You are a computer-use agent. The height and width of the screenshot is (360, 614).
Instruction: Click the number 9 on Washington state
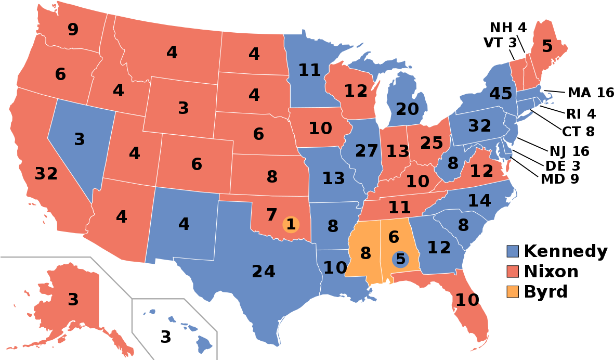(73, 30)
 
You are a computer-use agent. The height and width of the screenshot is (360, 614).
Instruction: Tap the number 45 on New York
(501, 94)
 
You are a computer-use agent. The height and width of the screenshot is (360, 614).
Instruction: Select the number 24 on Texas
(264, 272)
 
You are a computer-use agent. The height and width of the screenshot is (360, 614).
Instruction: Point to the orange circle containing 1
(291, 224)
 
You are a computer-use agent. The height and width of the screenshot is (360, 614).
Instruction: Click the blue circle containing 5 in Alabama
(400, 259)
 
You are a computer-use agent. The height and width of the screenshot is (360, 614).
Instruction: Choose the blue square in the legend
(513, 251)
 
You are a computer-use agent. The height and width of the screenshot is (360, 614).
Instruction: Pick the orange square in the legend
(513, 292)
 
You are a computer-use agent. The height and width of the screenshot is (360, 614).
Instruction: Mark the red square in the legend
(513, 272)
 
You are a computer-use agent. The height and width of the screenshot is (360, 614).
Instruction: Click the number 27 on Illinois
(367, 151)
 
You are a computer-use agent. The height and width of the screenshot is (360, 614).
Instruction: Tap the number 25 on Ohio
(432, 143)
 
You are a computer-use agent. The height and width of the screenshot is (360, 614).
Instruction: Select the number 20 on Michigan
(407, 109)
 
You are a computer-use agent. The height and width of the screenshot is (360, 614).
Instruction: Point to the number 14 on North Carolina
(479, 201)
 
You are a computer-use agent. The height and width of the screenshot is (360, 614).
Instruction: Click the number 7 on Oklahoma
(272, 214)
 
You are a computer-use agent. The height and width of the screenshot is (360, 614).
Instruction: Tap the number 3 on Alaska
(73, 300)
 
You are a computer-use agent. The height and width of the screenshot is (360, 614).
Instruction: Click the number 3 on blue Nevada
(79, 139)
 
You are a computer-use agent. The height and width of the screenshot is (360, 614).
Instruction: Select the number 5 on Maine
(547, 47)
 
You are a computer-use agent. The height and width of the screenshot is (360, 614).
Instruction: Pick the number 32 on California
(46, 174)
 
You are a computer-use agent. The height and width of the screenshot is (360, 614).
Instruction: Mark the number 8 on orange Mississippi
(365, 253)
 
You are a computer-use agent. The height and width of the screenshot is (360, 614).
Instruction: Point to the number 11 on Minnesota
(310, 70)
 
